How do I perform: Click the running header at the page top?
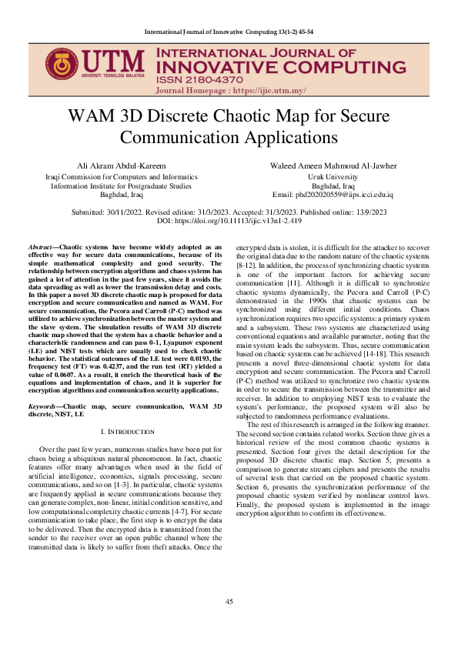click(x=229, y=32)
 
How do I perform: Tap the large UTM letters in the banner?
click(x=112, y=62)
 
